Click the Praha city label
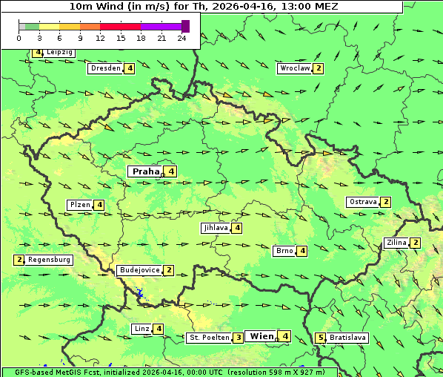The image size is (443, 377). (x=145, y=171)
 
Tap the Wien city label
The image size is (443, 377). (x=262, y=336)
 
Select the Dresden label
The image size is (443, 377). (x=105, y=68)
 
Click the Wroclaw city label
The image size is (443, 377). (x=294, y=68)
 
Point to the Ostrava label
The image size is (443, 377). (x=362, y=202)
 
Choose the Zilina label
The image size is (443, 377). (x=396, y=243)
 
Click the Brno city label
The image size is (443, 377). (x=284, y=251)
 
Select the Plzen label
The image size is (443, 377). (x=79, y=205)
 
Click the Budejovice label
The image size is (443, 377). (x=139, y=270)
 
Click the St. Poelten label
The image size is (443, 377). (x=208, y=338)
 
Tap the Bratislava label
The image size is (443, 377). (x=348, y=338)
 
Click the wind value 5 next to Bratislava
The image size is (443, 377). (x=320, y=338)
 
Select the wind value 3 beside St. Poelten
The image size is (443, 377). (x=238, y=338)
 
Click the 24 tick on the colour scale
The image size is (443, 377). (x=181, y=37)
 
